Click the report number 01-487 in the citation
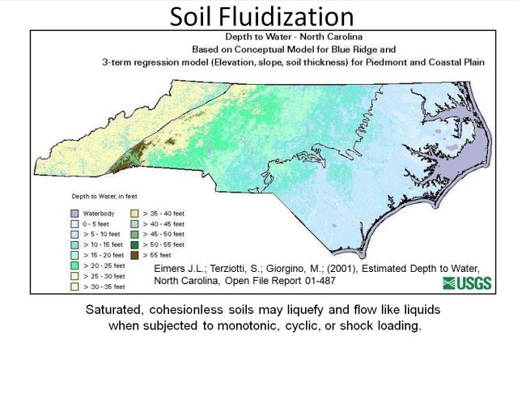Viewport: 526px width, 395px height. (x=317, y=282)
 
